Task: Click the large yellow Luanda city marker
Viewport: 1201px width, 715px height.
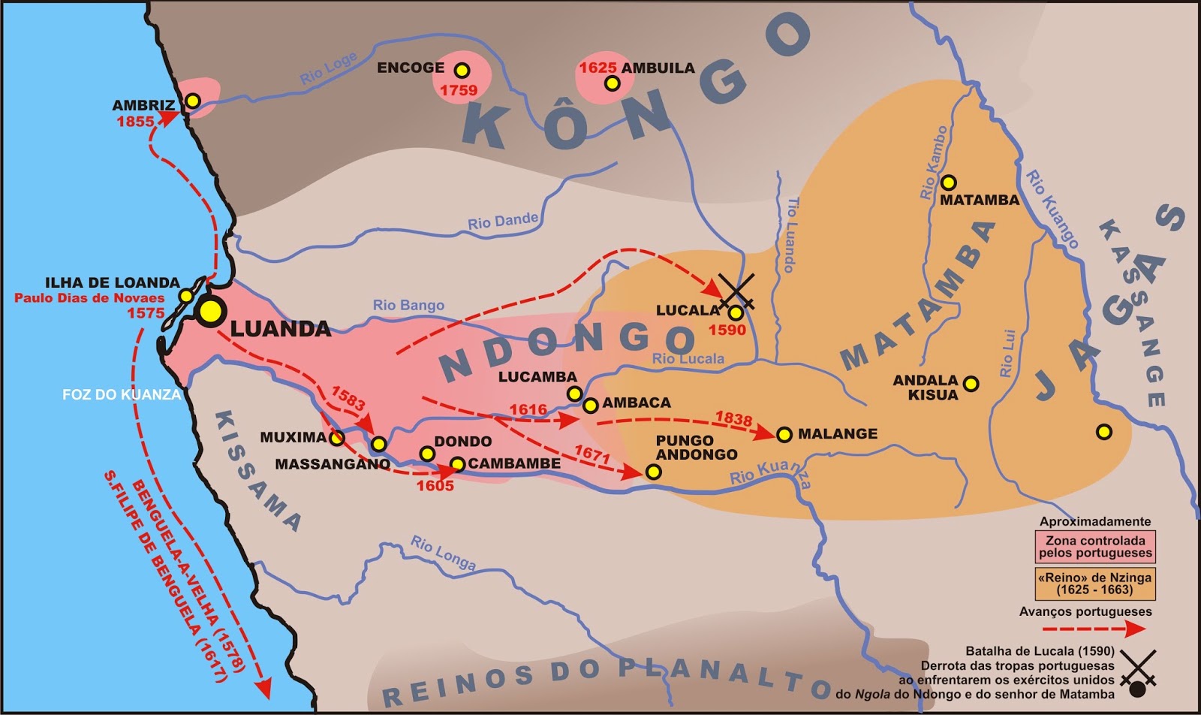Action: (x=211, y=311)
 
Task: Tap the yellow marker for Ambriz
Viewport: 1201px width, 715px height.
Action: (x=193, y=101)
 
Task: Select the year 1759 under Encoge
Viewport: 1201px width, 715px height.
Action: (x=459, y=90)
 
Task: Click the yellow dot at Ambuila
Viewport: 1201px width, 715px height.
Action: (x=613, y=83)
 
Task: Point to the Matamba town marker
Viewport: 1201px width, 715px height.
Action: (x=949, y=182)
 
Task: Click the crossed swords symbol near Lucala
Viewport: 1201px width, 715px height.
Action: (x=736, y=291)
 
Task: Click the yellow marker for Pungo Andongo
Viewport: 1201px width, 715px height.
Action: (x=653, y=472)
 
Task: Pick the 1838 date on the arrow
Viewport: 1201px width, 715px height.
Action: (x=733, y=418)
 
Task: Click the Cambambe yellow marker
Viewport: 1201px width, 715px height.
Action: (x=457, y=464)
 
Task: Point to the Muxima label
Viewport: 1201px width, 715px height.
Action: (x=293, y=437)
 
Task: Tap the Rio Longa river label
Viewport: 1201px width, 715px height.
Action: (x=443, y=554)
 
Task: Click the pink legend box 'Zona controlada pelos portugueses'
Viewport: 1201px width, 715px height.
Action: (x=1095, y=547)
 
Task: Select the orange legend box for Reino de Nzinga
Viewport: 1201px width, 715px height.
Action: (x=1095, y=584)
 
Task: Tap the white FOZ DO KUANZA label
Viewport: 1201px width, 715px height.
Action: (x=122, y=394)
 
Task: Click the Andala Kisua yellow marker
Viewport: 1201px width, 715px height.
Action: (x=971, y=384)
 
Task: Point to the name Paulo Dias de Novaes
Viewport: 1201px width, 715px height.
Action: (x=89, y=298)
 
